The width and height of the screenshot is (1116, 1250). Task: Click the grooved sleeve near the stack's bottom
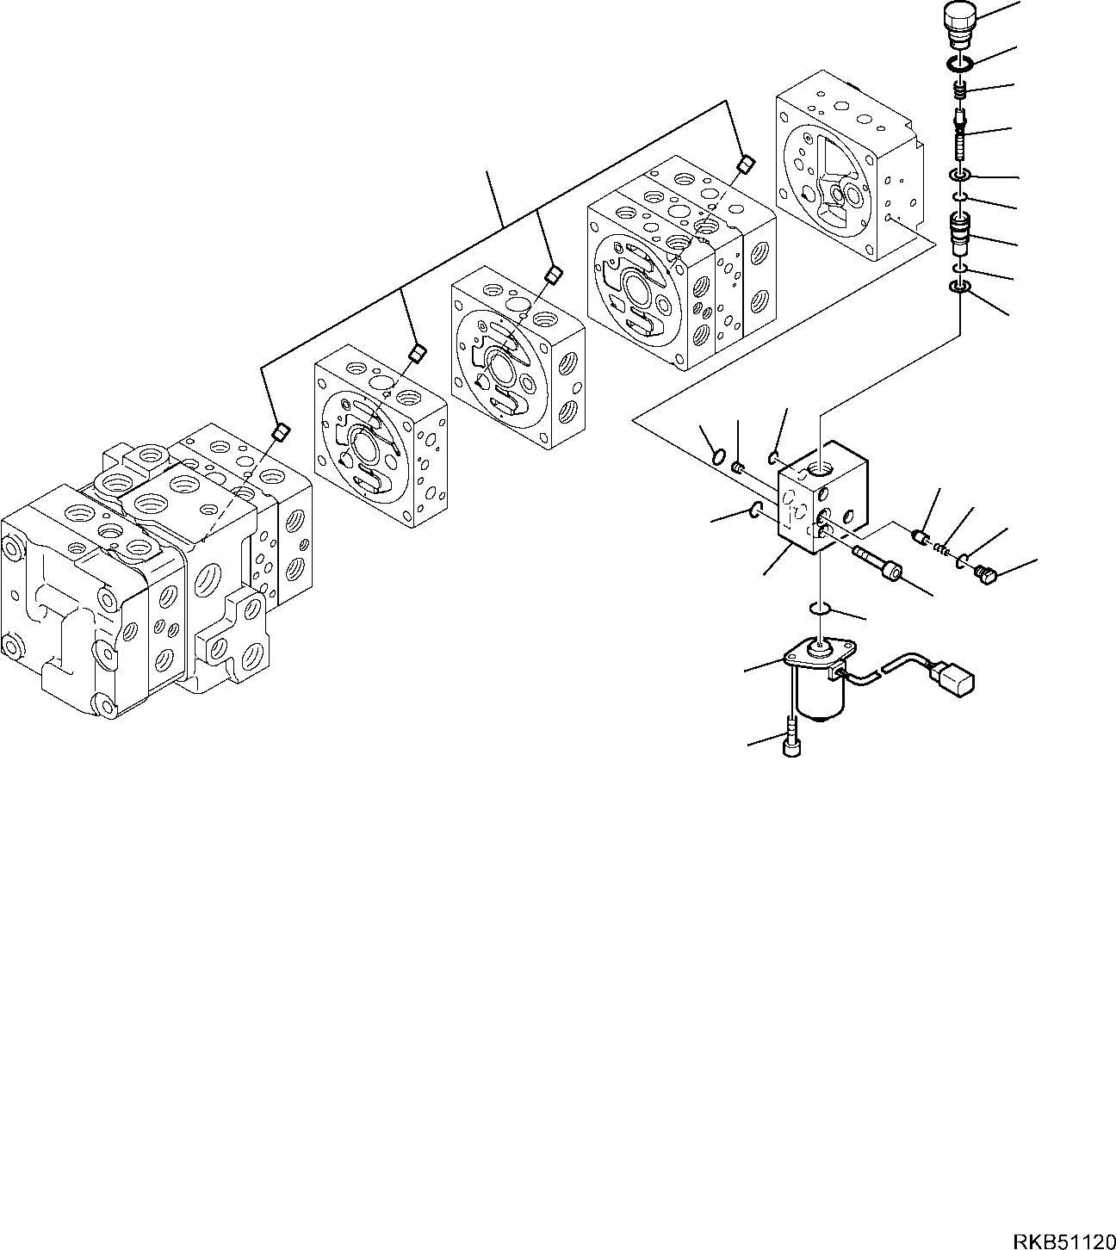pos(960,232)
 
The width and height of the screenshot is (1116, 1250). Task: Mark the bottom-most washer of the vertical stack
pos(960,287)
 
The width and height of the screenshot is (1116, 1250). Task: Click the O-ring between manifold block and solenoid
pos(821,610)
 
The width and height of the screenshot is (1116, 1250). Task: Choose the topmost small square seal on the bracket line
pos(745,163)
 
